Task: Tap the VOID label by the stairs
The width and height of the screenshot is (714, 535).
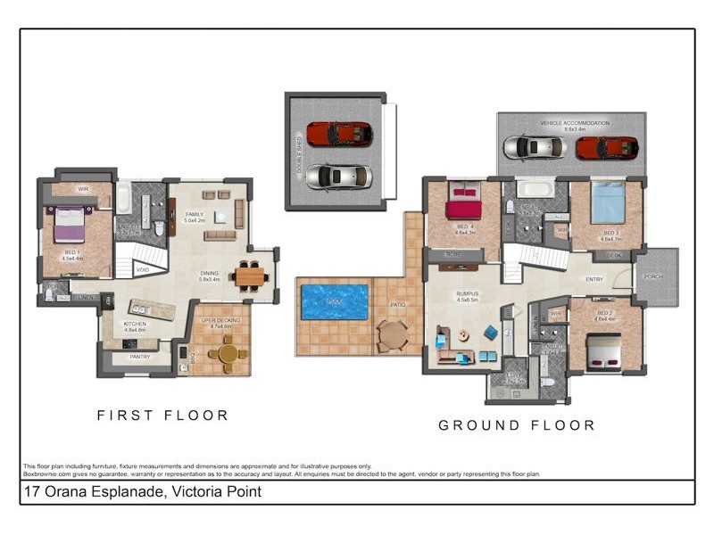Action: tap(143, 269)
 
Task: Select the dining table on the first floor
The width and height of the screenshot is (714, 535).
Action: tap(250, 276)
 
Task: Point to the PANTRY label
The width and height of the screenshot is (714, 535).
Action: tap(140, 357)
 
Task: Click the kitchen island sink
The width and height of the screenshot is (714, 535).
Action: tap(143, 308)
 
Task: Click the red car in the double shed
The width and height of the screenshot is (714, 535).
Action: tap(339, 135)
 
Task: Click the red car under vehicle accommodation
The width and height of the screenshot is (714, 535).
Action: tap(607, 147)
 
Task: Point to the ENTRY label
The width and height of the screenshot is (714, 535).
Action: tap(594, 280)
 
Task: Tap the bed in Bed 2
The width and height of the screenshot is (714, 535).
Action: tap(602, 351)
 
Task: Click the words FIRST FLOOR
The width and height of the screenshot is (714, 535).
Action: tap(162, 416)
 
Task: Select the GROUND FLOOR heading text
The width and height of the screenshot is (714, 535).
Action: tap(516, 426)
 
